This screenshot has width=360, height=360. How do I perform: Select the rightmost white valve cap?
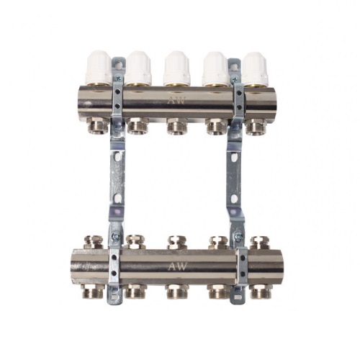pos(254,68)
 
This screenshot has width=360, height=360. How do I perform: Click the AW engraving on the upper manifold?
pos(176,100)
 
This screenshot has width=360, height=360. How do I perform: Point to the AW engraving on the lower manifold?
pos(178,266)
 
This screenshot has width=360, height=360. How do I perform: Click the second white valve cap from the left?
pos(138,66)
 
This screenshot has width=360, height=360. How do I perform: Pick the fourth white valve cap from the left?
pos(215,66)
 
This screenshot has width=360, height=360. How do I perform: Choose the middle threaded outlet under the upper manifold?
pos(177,125)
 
